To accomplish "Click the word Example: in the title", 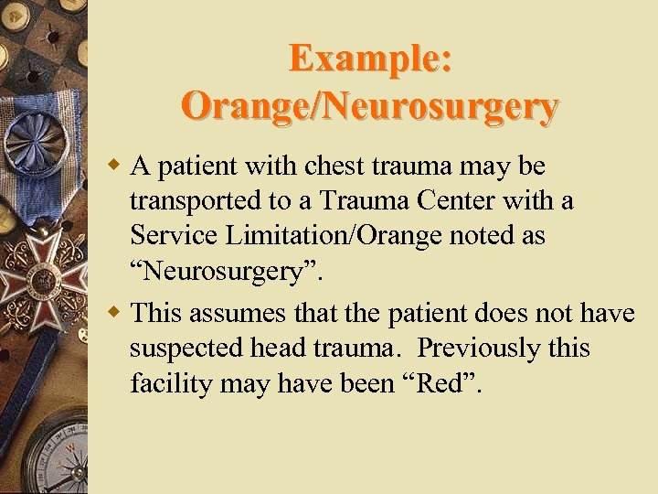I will pos(369,59).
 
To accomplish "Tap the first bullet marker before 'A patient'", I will pos(115,167).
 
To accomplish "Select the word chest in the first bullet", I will pos(326,166).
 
